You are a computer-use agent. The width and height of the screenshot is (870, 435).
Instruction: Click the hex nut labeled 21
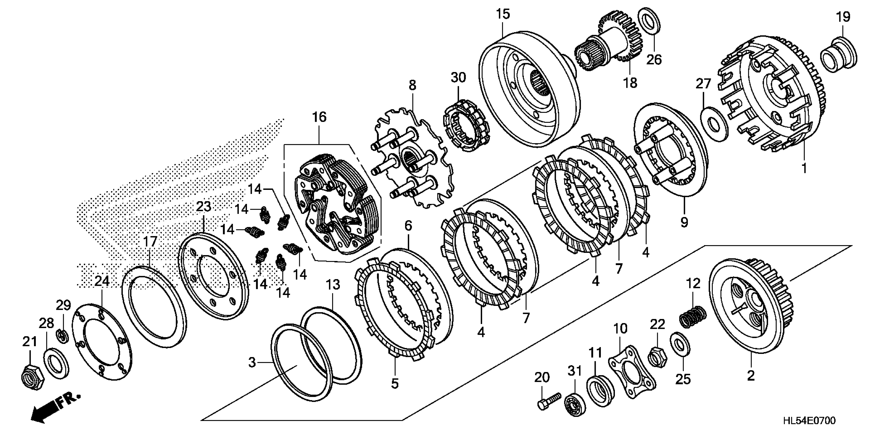point(31,376)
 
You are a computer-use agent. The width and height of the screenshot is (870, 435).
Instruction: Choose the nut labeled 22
point(657,356)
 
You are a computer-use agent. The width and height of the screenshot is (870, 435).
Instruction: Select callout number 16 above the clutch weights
point(319,117)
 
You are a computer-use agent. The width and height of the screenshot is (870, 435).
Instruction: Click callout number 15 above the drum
point(503,14)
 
